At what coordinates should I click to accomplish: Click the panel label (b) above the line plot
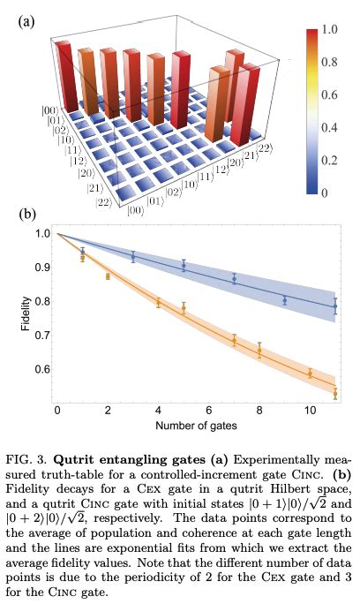[x=28, y=214]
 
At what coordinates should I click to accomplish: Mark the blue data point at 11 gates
[x=335, y=306]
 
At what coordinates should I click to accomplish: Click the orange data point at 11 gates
[x=335, y=393]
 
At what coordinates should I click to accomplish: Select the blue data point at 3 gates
[x=132, y=257]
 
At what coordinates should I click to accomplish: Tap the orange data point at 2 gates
[x=108, y=276]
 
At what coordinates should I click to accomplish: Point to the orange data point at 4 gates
[x=158, y=303]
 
